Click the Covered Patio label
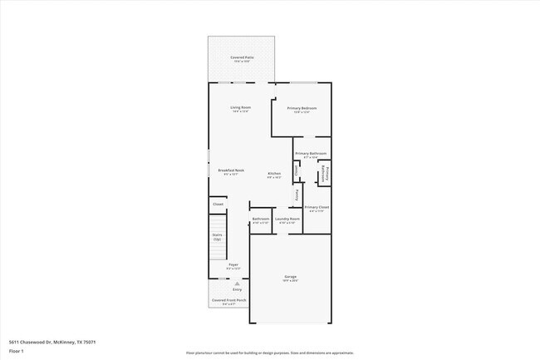click(242, 58)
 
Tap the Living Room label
click(241, 108)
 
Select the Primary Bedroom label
click(302, 109)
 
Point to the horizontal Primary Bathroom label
click(311, 154)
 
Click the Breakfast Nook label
click(231, 171)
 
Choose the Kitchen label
click(273, 175)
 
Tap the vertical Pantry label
click(297, 195)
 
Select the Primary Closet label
click(317, 208)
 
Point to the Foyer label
click(233, 265)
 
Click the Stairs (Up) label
click(217, 237)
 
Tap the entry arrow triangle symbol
click(237, 284)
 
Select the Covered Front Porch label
click(228, 300)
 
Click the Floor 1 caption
click(17, 352)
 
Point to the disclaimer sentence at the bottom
click(270, 353)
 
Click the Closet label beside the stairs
click(218, 204)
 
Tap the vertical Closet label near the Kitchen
click(297, 170)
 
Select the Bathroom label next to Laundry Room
click(260, 219)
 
